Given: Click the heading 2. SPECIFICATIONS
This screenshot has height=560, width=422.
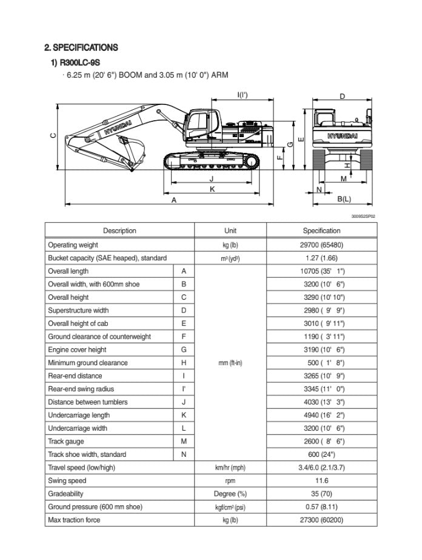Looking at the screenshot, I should click(x=81, y=47).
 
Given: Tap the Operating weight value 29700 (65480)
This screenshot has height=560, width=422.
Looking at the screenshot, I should click(x=321, y=245).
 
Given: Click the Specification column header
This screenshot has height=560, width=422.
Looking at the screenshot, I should click(x=321, y=231).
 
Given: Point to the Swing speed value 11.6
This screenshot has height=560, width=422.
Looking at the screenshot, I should click(x=321, y=481).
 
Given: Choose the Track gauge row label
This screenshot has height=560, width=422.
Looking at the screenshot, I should click(x=66, y=441).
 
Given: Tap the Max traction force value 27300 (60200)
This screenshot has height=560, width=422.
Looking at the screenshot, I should click(x=321, y=520).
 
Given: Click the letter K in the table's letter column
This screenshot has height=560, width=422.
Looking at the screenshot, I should click(x=184, y=415).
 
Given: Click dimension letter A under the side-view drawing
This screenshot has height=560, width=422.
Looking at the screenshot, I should click(x=174, y=200).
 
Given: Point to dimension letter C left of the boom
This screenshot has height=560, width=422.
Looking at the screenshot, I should click(x=52, y=136).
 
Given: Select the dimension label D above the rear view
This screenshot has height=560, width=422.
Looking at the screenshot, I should click(x=342, y=96).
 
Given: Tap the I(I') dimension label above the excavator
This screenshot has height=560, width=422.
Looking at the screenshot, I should click(x=242, y=95).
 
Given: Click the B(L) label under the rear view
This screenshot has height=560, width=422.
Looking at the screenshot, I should click(x=344, y=199).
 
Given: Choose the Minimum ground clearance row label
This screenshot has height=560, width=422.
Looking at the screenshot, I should click(x=88, y=363).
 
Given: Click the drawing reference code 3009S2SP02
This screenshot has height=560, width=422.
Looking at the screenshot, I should click(x=363, y=215).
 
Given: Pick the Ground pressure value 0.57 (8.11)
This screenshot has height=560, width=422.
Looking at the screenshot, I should click(x=321, y=507).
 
